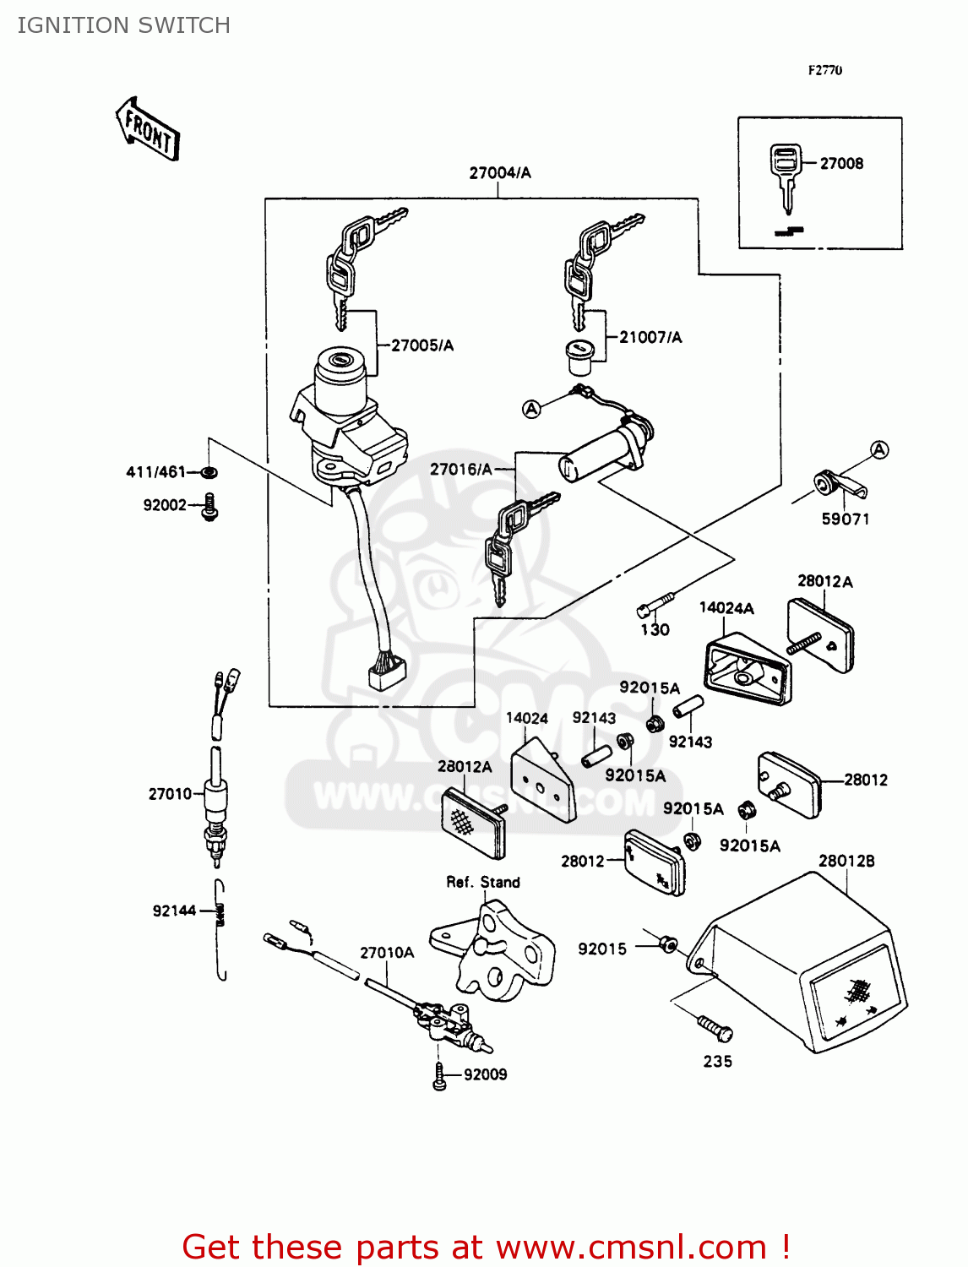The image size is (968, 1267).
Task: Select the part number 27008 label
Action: pyautogui.click(x=841, y=164)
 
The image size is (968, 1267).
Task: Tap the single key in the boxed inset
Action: pyautogui.click(x=785, y=175)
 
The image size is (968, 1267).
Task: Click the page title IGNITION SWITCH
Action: pyautogui.click(x=123, y=25)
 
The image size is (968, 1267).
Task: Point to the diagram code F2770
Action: pyautogui.click(x=824, y=70)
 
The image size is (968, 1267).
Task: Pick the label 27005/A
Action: pyautogui.click(x=422, y=345)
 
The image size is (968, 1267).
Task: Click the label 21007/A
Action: pyautogui.click(x=650, y=337)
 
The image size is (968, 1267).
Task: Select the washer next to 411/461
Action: pyautogui.click(x=209, y=471)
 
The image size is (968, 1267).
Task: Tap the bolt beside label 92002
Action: pyautogui.click(x=210, y=507)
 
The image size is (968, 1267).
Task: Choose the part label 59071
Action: pyautogui.click(x=846, y=519)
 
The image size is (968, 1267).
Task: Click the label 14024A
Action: pyautogui.click(x=726, y=608)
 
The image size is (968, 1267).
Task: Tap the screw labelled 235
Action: pyautogui.click(x=715, y=1028)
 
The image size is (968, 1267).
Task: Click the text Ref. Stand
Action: pyautogui.click(x=483, y=882)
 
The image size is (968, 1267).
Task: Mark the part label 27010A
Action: pyautogui.click(x=387, y=953)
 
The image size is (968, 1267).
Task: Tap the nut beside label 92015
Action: pyautogui.click(x=667, y=943)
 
